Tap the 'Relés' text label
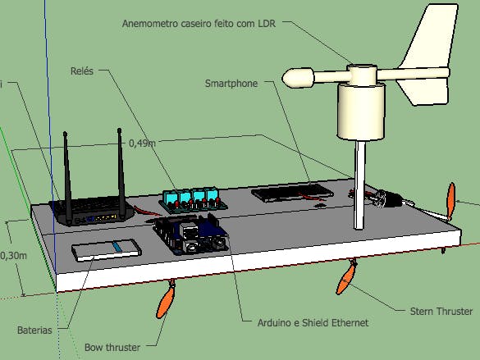83,71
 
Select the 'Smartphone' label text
231,83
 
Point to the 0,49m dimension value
142,142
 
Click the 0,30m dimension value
13,255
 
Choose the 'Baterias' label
34,330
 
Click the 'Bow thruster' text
112,347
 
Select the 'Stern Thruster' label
441,312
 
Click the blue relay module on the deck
190,198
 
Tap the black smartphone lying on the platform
291,194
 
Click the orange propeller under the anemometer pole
346,280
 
